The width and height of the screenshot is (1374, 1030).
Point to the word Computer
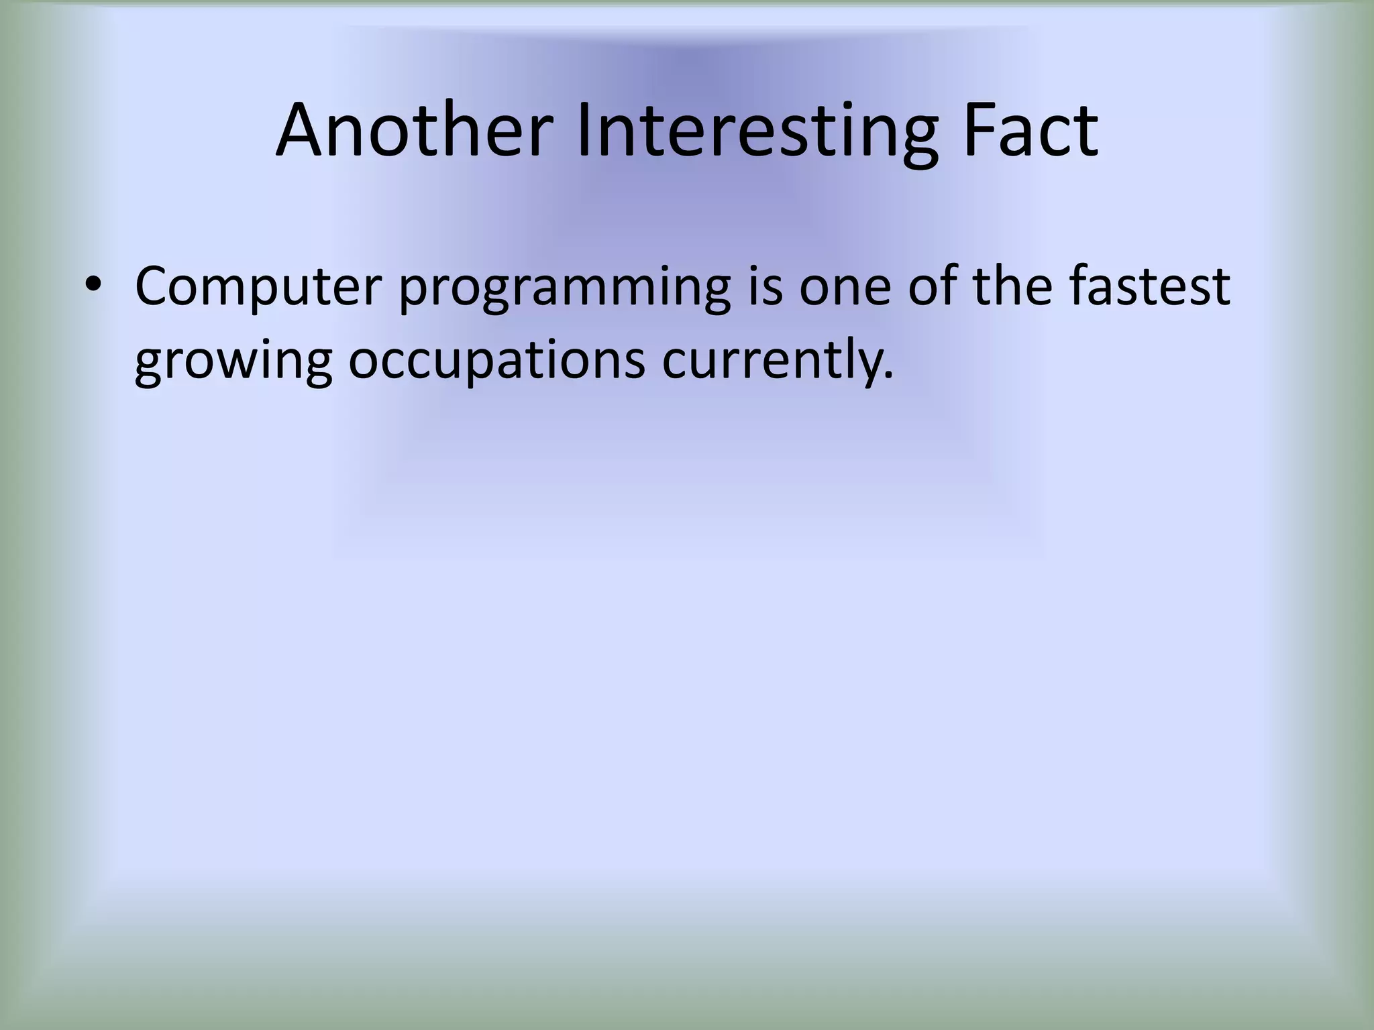258,287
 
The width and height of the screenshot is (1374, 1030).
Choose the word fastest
1149,286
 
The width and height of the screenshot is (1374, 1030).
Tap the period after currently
889,376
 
